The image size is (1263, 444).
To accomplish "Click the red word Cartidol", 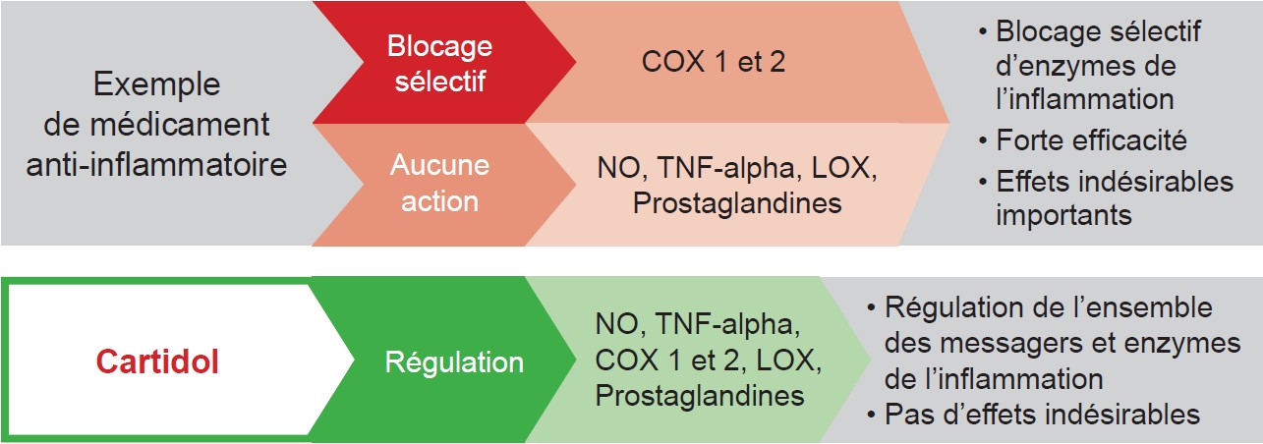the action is [x=157, y=361].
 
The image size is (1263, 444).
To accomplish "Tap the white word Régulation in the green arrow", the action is [x=454, y=362].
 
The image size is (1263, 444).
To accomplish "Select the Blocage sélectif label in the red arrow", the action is [x=439, y=63].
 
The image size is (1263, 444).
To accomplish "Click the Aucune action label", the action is [x=439, y=183].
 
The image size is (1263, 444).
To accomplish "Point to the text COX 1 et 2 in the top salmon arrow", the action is [x=714, y=62].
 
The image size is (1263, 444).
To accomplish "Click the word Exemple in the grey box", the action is [x=156, y=85].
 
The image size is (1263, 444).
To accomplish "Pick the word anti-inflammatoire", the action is [x=156, y=165].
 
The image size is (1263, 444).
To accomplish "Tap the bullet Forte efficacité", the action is [x=1082, y=139].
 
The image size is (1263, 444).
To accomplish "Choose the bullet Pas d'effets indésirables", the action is [x=1033, y=415].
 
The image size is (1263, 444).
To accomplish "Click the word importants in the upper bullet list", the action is [x=1063, y=216].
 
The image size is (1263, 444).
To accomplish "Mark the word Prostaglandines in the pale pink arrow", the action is [x=737, y=202].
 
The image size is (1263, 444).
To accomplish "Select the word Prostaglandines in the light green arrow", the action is [x=700, y=395].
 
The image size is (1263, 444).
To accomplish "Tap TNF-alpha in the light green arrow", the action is [x=727, y=324].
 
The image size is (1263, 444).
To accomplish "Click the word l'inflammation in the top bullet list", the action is [x=1085, y=100].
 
